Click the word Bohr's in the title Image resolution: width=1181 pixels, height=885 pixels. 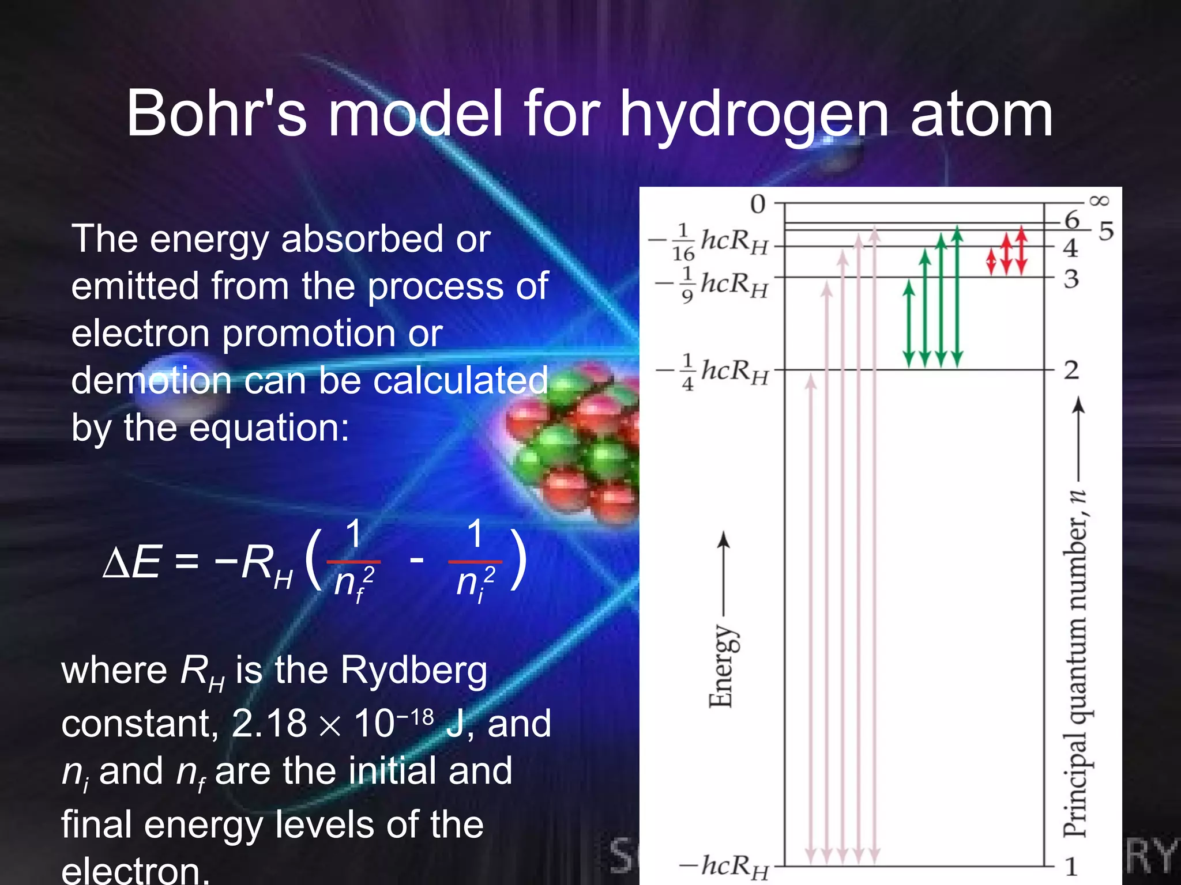(216, 114)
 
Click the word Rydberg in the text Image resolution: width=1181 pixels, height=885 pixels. (413, 671)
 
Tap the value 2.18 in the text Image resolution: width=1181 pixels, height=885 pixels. (269, 724)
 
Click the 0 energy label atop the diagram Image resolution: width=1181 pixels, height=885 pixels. (758, 205)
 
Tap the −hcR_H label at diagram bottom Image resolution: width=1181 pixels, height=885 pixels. (724, 866)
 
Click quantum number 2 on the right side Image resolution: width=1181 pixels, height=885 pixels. (1071, 370)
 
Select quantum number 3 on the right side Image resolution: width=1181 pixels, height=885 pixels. (1071, 279)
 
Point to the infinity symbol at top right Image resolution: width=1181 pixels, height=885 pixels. (1099, 201)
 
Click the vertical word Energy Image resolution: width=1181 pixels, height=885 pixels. (721, 665)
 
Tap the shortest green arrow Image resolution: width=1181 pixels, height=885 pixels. (909, 323)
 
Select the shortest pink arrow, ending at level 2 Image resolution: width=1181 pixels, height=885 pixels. (811, 619)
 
